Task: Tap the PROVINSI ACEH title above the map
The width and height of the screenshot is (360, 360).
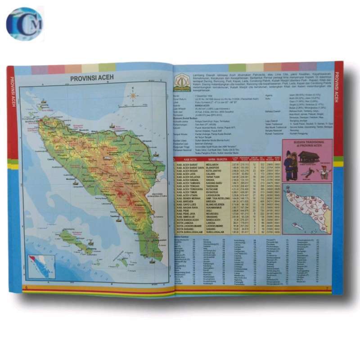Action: [x=92, y=78]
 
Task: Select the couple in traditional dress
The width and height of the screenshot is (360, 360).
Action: [x=290, y=165]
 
